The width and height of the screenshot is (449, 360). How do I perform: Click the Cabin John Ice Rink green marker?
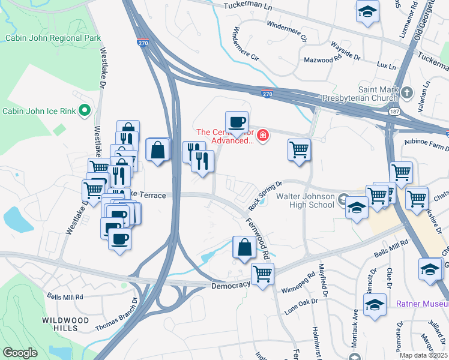click(x=85, y=110)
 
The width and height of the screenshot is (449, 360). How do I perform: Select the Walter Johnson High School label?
click(x=304, y=200)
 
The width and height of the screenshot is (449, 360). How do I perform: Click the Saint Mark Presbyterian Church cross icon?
click(x=408, y=92)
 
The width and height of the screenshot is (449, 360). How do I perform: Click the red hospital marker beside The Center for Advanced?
click(x=262, y=136)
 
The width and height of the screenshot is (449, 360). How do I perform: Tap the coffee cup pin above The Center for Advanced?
click(x=237, y=121)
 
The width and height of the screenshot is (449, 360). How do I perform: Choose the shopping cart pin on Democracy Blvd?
click(x=262, y=274)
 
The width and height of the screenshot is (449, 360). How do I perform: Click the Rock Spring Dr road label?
click(x=265, y=196)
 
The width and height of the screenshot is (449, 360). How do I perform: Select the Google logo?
click(x=20, y=353)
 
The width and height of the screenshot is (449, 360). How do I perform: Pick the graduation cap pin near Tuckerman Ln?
click(x=367, y=13)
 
